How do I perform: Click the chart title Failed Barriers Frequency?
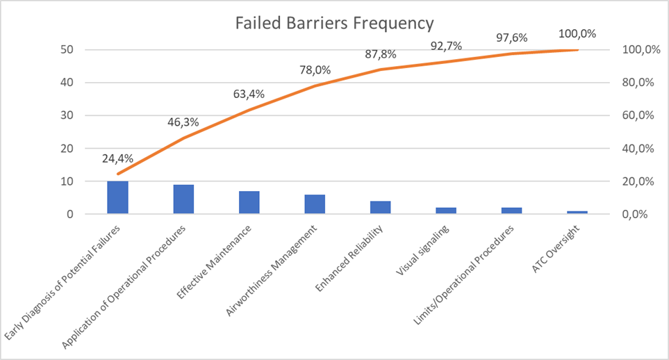pos(334,23)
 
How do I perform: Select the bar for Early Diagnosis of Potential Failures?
pos(117,197)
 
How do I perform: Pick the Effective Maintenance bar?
pos(249,202)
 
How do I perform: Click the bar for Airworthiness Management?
pos(315,204)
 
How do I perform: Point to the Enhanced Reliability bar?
pos(381,207)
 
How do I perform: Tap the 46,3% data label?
pos(183,122)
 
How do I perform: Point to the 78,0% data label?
pos(315,70)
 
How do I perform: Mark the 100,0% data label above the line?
pos(578,33)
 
